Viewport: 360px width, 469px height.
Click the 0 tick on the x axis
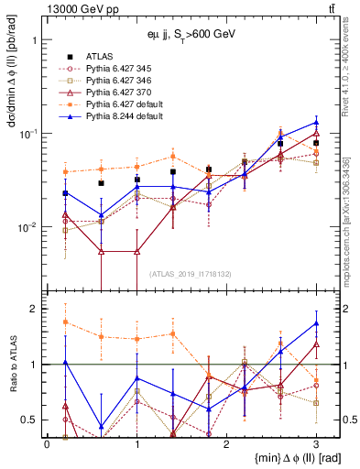47,442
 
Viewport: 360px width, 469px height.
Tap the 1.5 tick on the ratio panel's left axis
34,336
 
